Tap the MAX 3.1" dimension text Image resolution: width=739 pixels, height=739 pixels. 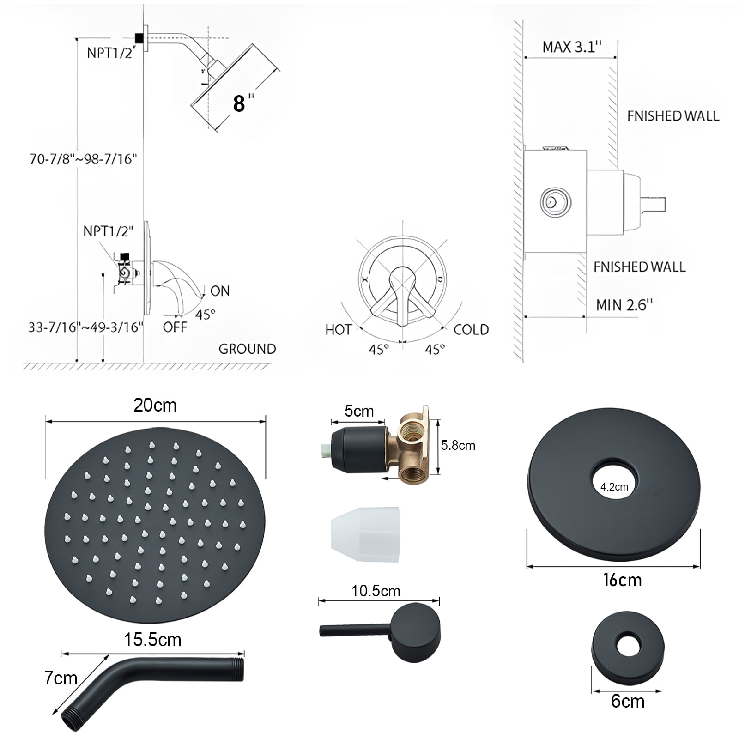point(572,47)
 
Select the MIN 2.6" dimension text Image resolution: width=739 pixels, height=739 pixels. point(624,304)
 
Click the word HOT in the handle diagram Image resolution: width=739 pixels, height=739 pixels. point(339,329)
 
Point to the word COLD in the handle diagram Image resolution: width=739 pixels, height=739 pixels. point(471,329)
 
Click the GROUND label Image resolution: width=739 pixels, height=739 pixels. point(247,349)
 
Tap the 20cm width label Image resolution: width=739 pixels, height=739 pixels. point(155,405)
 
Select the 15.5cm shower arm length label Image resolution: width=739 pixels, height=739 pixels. point(152,640)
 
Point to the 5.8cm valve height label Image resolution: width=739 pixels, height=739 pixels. point(458,445)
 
